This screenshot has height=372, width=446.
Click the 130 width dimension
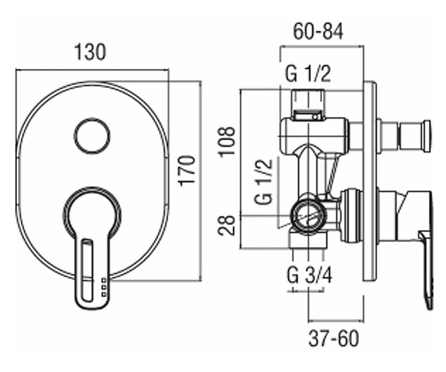click(90, 52)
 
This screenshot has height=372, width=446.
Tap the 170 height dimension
click(187, 171)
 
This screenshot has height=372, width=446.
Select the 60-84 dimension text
click(318, 31)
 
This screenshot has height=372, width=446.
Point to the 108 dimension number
click(226, 142)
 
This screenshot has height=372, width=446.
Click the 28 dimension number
click(226, 225)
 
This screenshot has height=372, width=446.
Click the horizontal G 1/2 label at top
click(308, 74)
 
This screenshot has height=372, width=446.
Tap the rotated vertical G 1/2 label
click(264, 182)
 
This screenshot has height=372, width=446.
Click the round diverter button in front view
click(92, 135)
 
